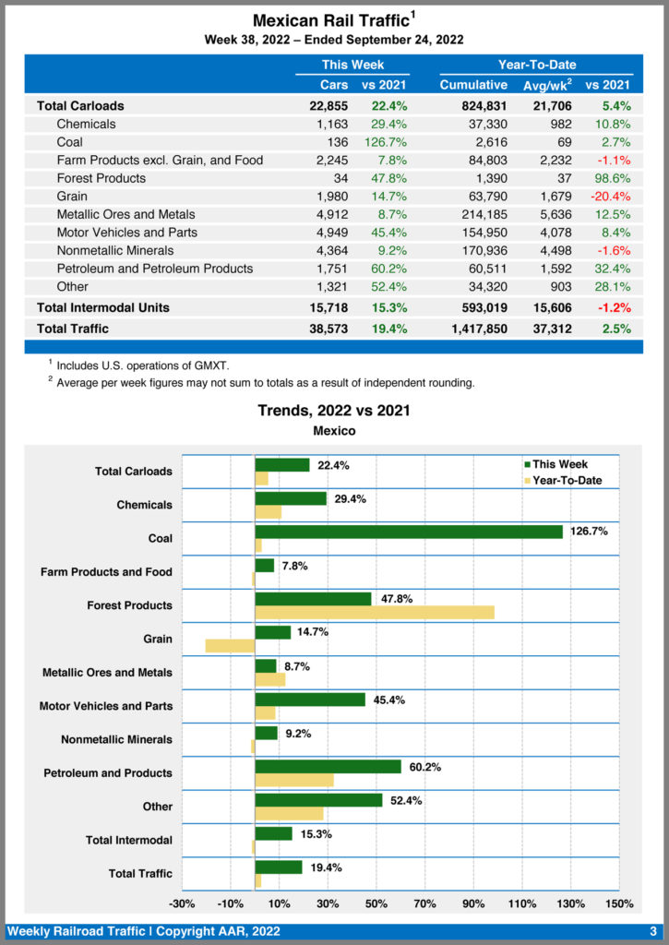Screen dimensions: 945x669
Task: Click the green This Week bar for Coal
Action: (408, 532)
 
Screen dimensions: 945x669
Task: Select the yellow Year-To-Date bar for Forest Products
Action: (374, 612)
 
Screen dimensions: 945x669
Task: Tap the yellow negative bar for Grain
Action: (230, 645)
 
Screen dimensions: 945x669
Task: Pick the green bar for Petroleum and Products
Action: (328, 766)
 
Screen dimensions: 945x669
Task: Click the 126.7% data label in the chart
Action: (589, 532)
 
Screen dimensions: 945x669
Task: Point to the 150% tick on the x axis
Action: (618, 903)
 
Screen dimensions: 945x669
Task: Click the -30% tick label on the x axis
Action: (182, 903)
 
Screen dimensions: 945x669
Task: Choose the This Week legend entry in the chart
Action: (556, 464)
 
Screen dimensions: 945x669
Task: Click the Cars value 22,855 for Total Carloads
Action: (329, 106)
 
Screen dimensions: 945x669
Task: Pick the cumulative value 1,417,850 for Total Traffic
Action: (473, 329)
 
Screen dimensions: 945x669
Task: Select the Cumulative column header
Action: (473, 85)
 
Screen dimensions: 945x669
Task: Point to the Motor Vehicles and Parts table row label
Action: (126, 233)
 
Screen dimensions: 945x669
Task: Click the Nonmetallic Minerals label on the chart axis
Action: (116, 739)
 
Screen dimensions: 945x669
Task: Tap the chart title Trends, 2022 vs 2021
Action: (334, 411)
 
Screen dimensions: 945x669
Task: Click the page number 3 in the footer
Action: (652, 931)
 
